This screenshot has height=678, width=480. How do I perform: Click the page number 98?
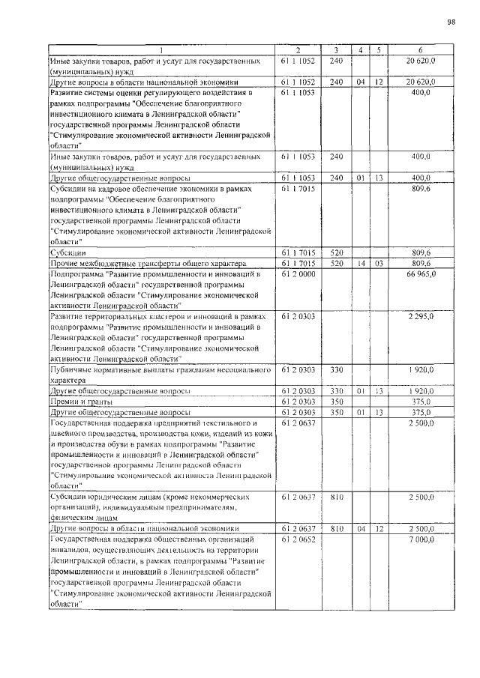(451, 22)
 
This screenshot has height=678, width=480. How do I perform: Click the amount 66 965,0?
(421, 276)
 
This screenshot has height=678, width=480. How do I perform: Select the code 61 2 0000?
(298, 276)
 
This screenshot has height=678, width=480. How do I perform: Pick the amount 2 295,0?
(423, 318)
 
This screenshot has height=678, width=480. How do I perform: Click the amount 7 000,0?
(423, 539)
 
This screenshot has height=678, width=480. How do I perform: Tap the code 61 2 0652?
(298, 539)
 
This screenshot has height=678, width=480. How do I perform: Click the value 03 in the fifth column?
(379, 264)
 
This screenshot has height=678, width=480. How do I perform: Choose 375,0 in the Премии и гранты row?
(423, 402)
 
